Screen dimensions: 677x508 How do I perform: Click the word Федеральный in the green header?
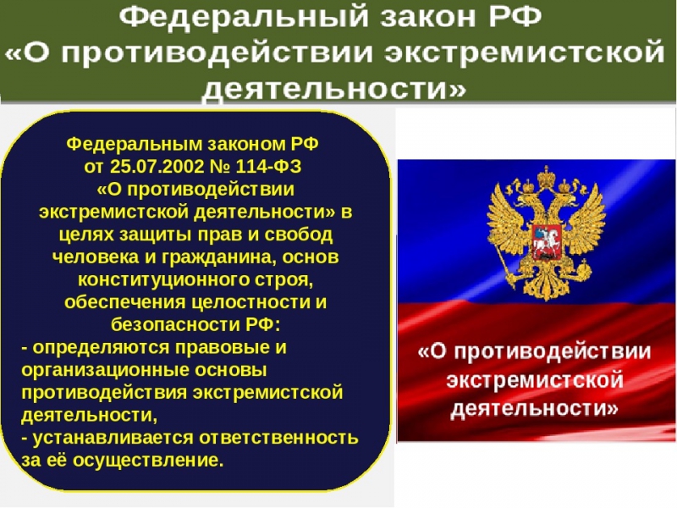point(244,17)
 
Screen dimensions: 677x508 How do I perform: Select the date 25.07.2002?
point(157,166)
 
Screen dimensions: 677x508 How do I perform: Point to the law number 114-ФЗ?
point(268,166)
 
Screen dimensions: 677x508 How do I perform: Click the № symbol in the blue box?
point(220,166)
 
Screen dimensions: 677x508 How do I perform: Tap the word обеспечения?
point(124,302)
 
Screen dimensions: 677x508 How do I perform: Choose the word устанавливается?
point(113,438)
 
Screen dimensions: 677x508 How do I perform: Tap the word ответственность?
point(278,438)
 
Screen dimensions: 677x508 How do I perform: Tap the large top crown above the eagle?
point(547,175)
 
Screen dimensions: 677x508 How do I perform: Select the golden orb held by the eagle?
point(585,271)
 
